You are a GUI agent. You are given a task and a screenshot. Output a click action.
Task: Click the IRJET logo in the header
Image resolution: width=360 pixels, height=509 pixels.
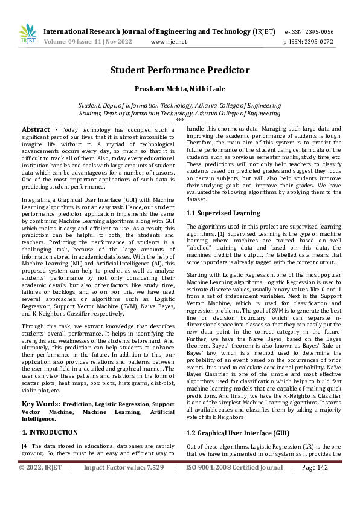[x=27, y=34]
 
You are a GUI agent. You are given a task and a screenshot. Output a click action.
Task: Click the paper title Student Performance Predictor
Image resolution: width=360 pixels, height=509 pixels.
[x=179, y=70]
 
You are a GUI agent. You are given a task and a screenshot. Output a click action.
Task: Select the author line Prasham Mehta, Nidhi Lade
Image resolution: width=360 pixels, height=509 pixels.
[x=179, y=89]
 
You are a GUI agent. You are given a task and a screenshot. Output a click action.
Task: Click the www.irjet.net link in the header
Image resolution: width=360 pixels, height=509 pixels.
[x=169, y=42]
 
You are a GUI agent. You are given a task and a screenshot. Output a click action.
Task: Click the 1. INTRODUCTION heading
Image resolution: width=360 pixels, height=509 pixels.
[x=50, y=432]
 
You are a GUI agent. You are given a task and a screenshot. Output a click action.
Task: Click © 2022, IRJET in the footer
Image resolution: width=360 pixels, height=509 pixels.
[x=40, y=467]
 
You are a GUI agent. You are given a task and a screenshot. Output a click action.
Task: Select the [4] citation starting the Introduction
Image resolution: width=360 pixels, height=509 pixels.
[x=25, y=445]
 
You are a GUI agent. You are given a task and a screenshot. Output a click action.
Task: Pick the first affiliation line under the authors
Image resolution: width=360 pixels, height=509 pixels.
[x=179, y=105]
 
